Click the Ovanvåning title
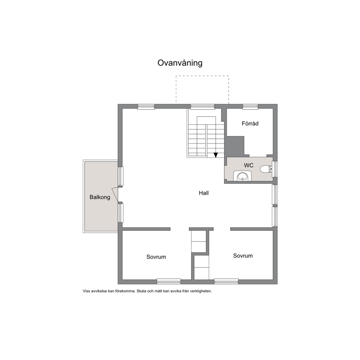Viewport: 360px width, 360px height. point(180,63)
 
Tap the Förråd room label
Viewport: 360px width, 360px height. point(250,123)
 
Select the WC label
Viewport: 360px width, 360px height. point(249,165)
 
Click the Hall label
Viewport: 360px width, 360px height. point(204,193)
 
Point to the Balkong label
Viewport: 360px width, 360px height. point(100,197)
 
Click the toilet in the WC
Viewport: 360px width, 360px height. point(266,169)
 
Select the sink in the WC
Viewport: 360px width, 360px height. point(242,176)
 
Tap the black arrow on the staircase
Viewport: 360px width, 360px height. point(216,155)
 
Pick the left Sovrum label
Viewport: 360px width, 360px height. point(156,257)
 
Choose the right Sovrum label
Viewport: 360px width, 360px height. point(243,255)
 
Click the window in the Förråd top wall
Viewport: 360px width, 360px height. point(250,106)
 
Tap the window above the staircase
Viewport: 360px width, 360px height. point(202,106)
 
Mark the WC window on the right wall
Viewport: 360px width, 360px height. point(275,169)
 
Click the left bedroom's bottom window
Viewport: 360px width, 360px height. point(169,282)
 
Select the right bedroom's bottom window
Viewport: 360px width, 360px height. point(226,282)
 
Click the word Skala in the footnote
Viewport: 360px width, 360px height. point(142,291)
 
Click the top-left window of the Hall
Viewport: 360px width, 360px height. point(146,106)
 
